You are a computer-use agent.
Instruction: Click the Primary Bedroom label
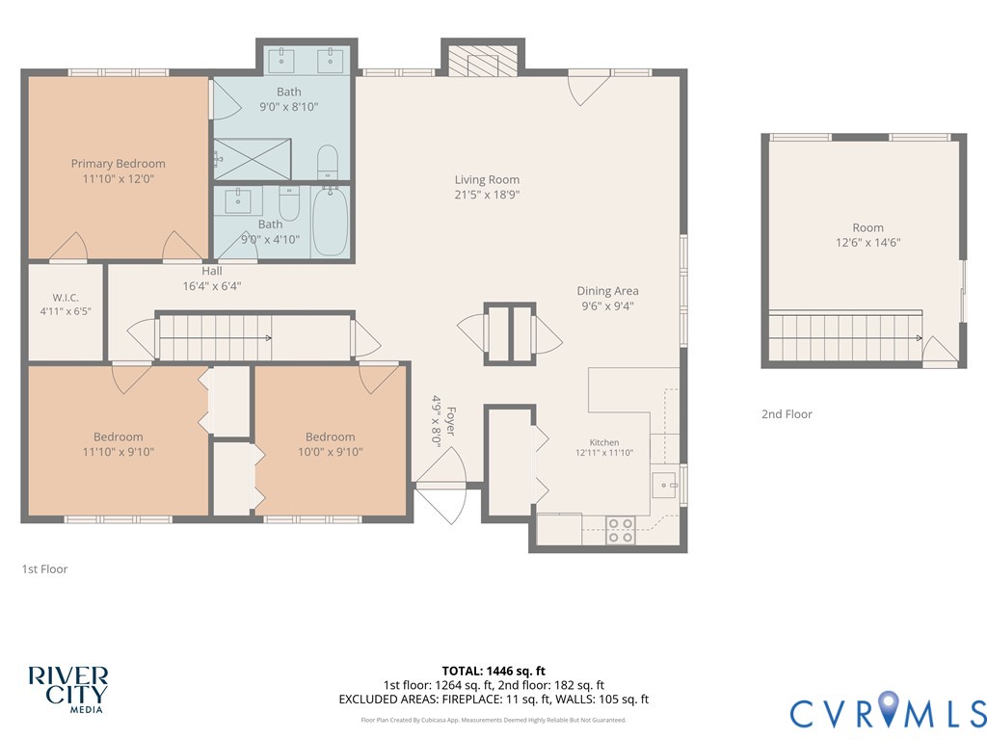click(119, 164)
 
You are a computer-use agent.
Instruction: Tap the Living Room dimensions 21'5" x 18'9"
click(487, 195)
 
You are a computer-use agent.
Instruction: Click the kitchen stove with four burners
click(620, 530)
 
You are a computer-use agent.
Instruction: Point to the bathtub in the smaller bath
click(331, 221)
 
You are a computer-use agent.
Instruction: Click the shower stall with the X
click(253, 160)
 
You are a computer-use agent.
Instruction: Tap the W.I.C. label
click(66, 298)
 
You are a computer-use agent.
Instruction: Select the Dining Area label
click(607, 291)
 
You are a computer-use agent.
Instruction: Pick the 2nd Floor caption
click(787, 414)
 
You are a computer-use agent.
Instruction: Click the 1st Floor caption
click(44, 568)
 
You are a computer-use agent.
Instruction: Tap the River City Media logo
click(68, 690)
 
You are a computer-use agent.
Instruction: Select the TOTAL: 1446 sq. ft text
click(493, 671)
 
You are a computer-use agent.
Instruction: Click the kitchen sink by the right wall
click(664, 486)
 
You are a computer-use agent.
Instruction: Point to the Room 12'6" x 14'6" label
click(868, 235)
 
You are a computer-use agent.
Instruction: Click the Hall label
click(212, 271)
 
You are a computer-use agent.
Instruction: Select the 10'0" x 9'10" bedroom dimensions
click(331, 452)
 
